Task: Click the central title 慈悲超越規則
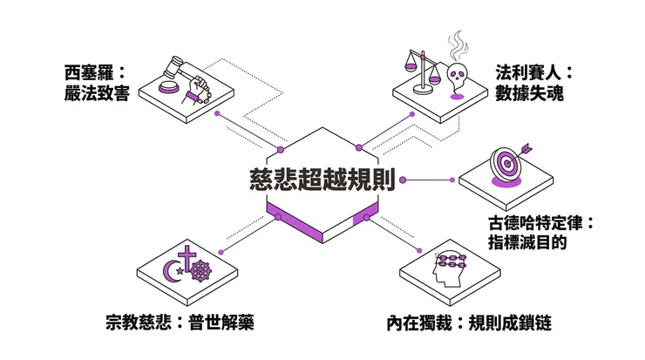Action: coord(322,179)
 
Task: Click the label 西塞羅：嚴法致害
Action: coord(97,82)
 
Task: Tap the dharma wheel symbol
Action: coord(202,272)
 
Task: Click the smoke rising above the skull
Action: coord(457,45)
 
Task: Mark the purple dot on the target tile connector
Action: coord(451,180)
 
